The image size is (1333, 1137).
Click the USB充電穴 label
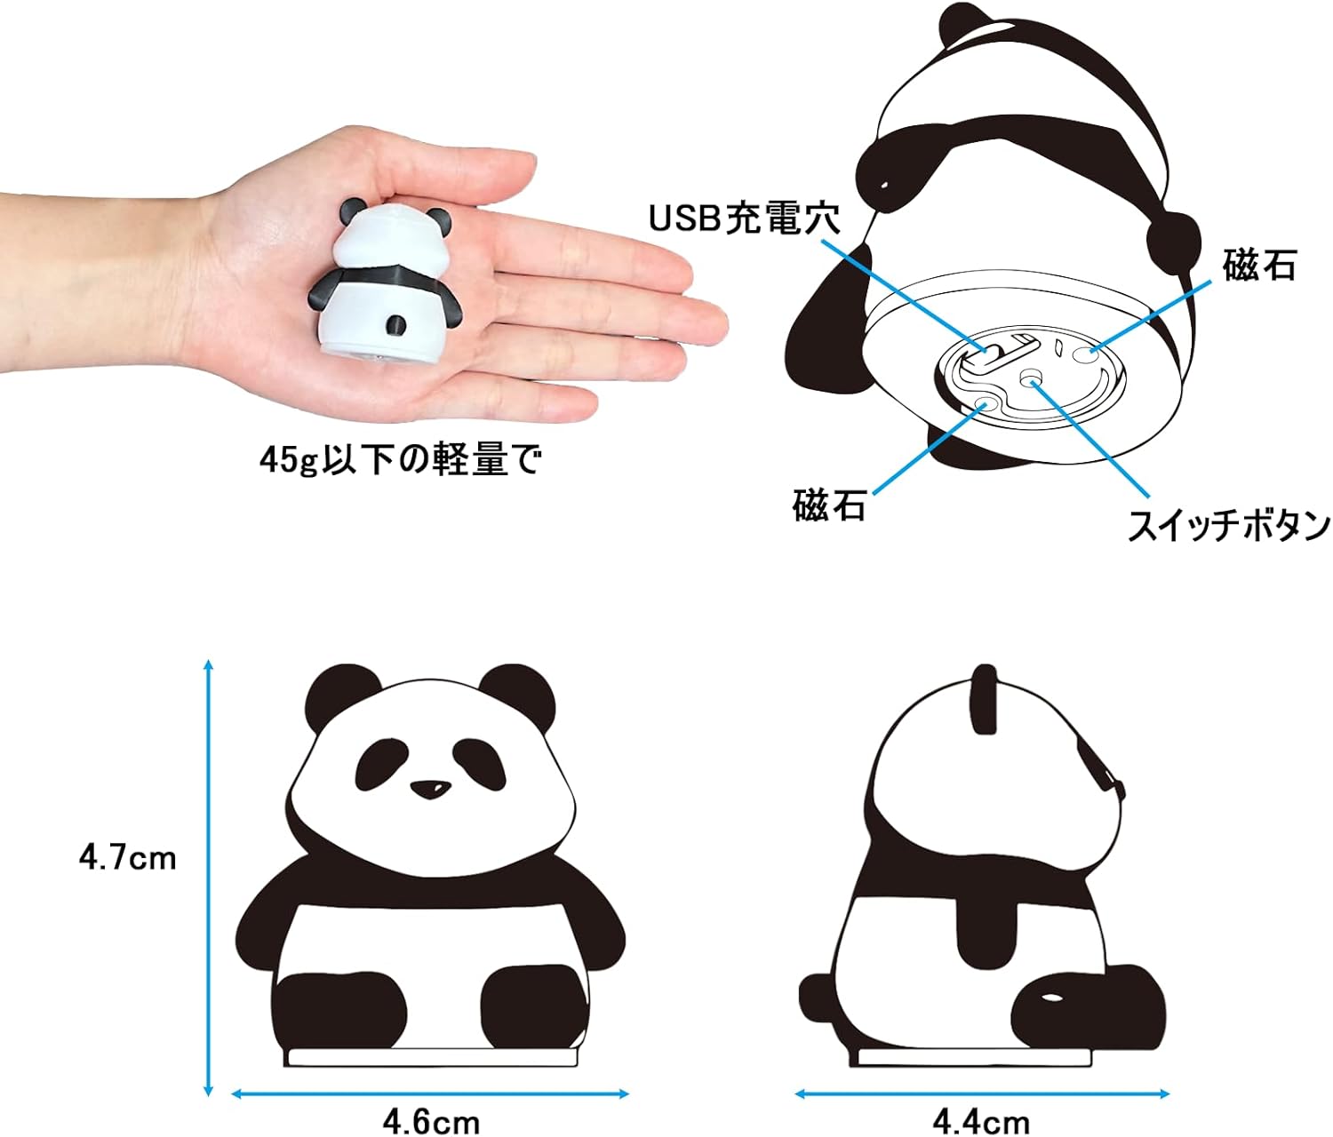coord(744,219)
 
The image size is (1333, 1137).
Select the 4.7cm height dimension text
coord(128,858)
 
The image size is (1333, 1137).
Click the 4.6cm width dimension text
coord(431,1122)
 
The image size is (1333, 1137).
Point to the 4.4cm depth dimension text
coord(980,1122)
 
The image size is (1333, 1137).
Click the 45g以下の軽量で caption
coord(400,460)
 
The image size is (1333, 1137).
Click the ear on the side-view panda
coord(985,699)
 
